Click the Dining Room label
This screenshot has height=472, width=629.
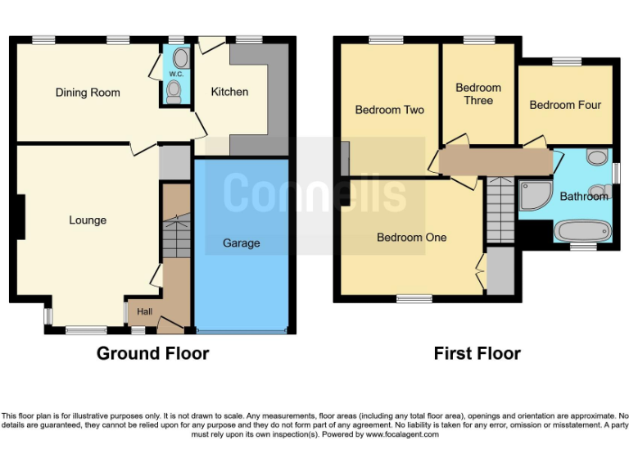coord(88,93)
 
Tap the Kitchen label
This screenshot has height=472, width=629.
coord(229,92)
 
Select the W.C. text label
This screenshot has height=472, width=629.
coord(175,75)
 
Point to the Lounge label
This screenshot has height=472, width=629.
coord(88,220)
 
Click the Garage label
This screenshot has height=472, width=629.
coord(242,243)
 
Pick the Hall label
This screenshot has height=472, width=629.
coord(144,311)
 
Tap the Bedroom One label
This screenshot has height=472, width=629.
coord(411,238)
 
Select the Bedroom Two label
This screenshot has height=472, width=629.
coord(389,110)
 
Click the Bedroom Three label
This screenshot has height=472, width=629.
coord(478,93)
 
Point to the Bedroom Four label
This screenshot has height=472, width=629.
coord(565,105)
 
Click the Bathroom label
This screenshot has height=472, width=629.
coord(584,197)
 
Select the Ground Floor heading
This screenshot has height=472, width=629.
coord(152,354)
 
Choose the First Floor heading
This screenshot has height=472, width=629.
coord(477,354)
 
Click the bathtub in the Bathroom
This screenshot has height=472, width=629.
coord(582,231)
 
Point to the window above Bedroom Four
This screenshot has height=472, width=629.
coord(565,61)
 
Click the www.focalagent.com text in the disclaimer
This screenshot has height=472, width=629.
coord(401,434)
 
